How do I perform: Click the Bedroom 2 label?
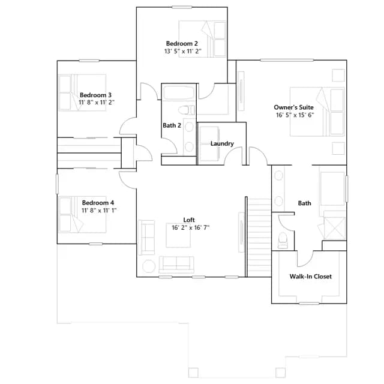click(x=182, y=44)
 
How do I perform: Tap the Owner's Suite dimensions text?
click(x=295, y=115)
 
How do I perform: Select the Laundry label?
click(x=222, y=143)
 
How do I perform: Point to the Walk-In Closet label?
click(x=311, y=277)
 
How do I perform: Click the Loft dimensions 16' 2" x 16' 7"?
click(x=191, y=228)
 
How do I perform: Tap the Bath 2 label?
click(x=172, y=125)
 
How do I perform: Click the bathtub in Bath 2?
click(x=179, y=92)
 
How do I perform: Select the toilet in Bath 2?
click(x=187, y=110)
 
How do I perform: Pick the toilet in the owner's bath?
click(x=283, y=240)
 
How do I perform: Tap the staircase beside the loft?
click(x=259, y=238)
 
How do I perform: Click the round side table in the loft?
click(x=149, y=266)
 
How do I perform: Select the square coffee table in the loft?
click(x=178, y=235)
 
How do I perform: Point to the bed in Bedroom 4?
click(x=83, y=215)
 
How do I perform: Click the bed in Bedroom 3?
click(x=83, y=92)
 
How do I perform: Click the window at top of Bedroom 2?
click(x=182, y=7)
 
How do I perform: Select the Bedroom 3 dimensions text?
click(x=97, y=103)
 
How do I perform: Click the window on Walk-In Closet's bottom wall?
click(x=309, y=304)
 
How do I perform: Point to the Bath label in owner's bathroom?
click(x=304, y=203)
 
